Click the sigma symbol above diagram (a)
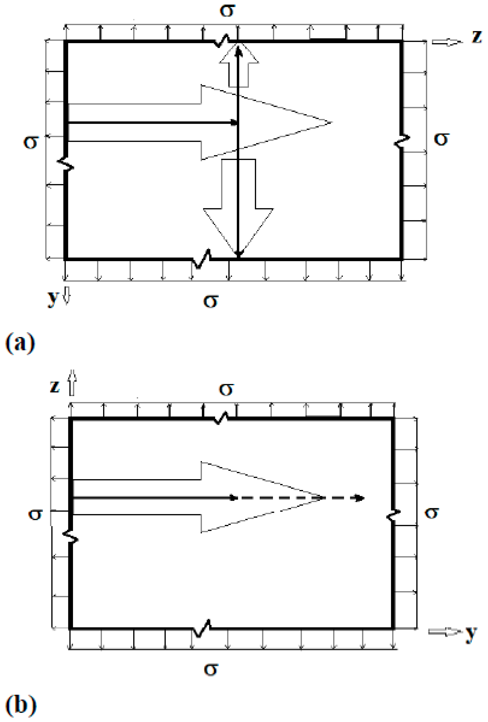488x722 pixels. pos(227,11)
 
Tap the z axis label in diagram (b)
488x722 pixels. pos(55,386)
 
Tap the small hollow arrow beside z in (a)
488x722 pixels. pos(447,42)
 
